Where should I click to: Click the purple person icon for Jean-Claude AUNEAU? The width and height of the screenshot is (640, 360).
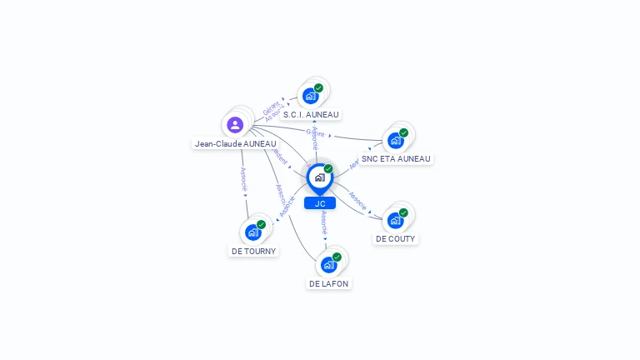pos(235,125)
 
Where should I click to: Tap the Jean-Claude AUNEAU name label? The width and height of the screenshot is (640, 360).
pos(235,143)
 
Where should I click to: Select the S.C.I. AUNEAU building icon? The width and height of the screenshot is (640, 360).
pos(310,96)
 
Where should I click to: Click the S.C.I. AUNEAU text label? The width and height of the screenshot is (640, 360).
pos(312,114)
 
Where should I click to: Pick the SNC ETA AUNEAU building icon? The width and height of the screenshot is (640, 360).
pos(396,140)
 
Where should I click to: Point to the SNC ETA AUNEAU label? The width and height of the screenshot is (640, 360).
pos(396,158)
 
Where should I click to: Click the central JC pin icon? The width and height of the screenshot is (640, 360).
pos(319,177)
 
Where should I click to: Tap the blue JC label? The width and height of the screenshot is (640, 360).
pos(320,203)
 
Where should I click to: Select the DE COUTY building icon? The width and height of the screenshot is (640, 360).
pos(395,220)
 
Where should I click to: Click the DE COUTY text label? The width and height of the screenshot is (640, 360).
pos(395,238)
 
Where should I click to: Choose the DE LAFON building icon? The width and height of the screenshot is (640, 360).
pos(328,265)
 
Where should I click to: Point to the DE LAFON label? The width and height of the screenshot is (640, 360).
pos(328,283)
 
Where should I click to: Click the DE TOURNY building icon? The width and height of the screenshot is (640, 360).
pos(253,232)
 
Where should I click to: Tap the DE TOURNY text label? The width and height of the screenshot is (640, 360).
pos(253,251)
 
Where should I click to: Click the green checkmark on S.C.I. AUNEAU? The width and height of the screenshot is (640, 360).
pos(318,87)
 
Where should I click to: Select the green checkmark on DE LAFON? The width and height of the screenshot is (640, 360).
pos(337,257)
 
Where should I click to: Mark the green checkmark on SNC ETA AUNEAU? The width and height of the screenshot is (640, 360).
pos(403,132)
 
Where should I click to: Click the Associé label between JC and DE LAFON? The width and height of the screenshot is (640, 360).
pos(324,223)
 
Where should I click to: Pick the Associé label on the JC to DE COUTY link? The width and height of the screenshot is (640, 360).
pos(357,200)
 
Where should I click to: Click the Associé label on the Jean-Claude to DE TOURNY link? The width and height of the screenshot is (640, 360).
pos(243,178)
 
